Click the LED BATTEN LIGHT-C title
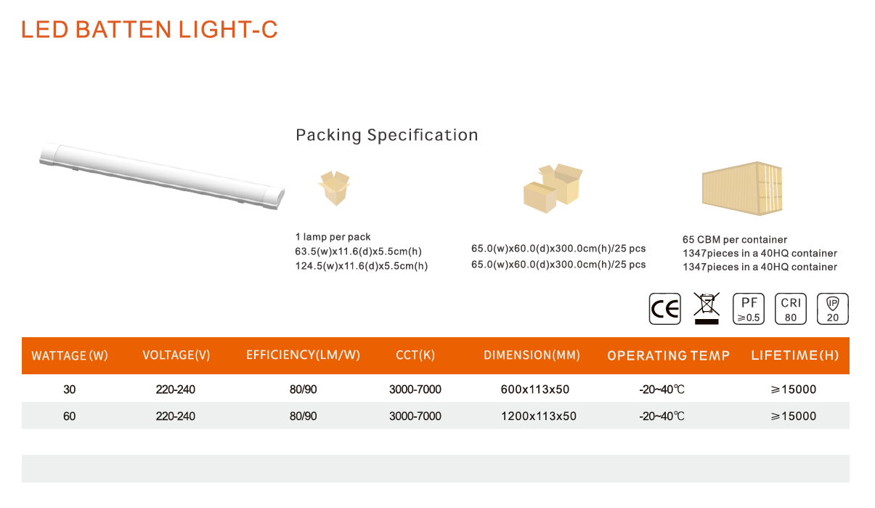tap(149, 29)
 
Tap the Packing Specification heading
tap(387, 135)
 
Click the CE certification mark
tap(664, 309)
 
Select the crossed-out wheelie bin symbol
tap(707, 309)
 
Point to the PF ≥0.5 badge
tap(749, 309)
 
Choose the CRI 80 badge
tap(791, 309)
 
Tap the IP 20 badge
tap(832, 309)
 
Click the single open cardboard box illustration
tap(334, 188)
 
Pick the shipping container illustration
tap(742, 188)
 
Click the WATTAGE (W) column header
tap(70, 355)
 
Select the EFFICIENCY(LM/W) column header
tap(303, 355)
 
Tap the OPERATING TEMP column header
tap(668, 355)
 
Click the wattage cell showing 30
tap(69, 390)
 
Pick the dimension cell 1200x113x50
tap(539, 416)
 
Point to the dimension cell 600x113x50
tap(534, 390)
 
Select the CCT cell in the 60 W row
tap(415, 416)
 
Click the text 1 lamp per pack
tap(333, 237)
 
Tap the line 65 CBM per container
tap(735, 240)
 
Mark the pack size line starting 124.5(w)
tap(362, 266)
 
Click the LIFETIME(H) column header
tap(795, 355)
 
